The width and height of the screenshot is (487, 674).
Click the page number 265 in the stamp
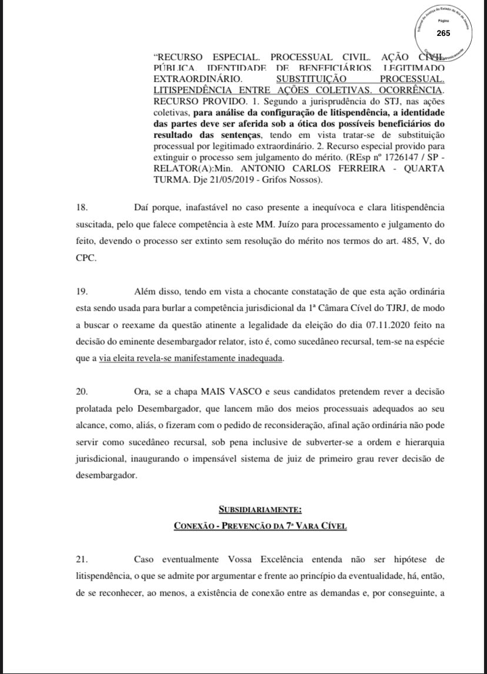(443, 33)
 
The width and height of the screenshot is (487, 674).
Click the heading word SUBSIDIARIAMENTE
(260, 509)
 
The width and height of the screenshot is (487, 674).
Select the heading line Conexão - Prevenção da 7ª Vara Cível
(260, 525)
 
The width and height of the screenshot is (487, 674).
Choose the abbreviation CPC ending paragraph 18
(85, 258)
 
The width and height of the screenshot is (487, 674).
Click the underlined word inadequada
(258, 358)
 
